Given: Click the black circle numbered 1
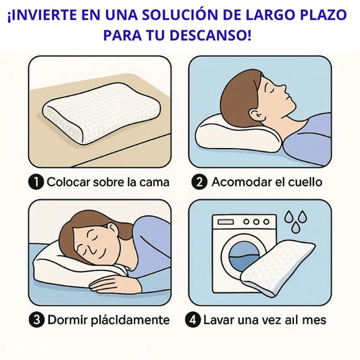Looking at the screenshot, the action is (36, 182).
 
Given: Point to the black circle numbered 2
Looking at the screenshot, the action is (199, 182).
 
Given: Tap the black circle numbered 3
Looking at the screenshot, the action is (36, 320).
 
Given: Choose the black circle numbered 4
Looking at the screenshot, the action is (193, 320).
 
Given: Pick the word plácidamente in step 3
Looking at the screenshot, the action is (130, 321).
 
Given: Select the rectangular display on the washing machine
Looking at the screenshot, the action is (226, 222).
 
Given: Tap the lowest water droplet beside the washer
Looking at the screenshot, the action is (295, 228).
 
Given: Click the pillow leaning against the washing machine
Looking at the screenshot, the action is (278, 267).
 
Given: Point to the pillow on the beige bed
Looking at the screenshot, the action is (101, 113).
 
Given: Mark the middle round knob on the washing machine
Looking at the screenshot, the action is (256, 222).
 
